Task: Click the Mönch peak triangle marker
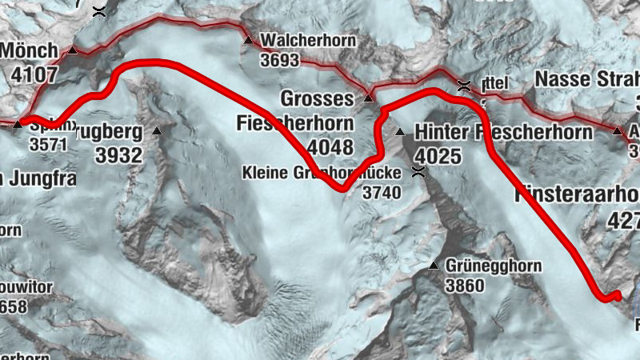tap(73, 50)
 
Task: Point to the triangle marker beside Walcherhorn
tap(248, 40)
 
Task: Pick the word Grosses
tap(317, 98)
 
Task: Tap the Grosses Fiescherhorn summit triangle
tap(369, 98)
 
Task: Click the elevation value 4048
tap(330, 148)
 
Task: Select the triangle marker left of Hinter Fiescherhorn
tap(400, 131)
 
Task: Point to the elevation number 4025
tap(438, 155)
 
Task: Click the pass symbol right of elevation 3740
tap(417, 170)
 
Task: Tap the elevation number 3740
tap(380, 193)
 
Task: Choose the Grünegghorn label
tap(494, 266)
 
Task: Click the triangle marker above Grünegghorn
tap(434, 265)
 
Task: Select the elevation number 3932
tap(118, 155)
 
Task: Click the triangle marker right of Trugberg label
tap(157, 130)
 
